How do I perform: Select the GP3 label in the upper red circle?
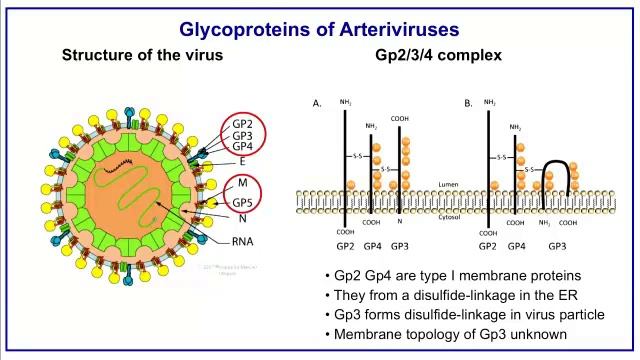coord(243,135)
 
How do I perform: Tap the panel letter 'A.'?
coord(317,103)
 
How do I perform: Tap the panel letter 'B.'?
coord(468,103)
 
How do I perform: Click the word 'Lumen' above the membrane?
coord(447,185)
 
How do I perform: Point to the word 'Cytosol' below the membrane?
coord(449,215)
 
